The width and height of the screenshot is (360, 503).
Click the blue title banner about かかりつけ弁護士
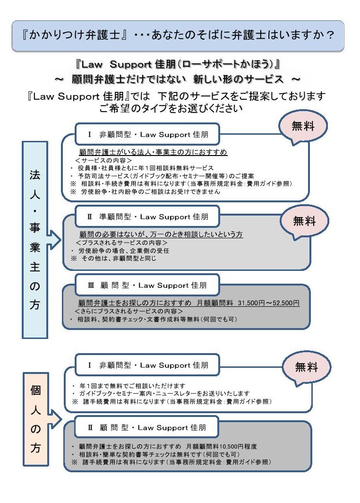178,35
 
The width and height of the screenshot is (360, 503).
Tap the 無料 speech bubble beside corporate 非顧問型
303,126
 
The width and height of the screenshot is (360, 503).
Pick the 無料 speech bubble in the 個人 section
307,367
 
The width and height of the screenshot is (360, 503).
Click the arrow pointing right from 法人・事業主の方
54,239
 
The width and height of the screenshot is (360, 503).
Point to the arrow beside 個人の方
55,419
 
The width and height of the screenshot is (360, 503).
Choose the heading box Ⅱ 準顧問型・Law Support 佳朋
147,217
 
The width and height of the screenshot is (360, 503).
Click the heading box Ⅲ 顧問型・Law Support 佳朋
147,285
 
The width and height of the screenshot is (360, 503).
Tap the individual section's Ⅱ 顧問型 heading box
146,427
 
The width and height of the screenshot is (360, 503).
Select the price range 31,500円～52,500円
269,303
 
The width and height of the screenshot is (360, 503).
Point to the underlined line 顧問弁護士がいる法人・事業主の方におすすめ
153,152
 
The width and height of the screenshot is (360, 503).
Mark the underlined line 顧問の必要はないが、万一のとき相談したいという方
161,234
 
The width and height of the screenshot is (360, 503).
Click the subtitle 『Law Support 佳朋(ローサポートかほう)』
178,64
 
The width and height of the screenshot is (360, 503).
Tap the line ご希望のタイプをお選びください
171,108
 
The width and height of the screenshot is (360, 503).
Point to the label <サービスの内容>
104,160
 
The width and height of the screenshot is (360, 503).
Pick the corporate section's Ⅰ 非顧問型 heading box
147,134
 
